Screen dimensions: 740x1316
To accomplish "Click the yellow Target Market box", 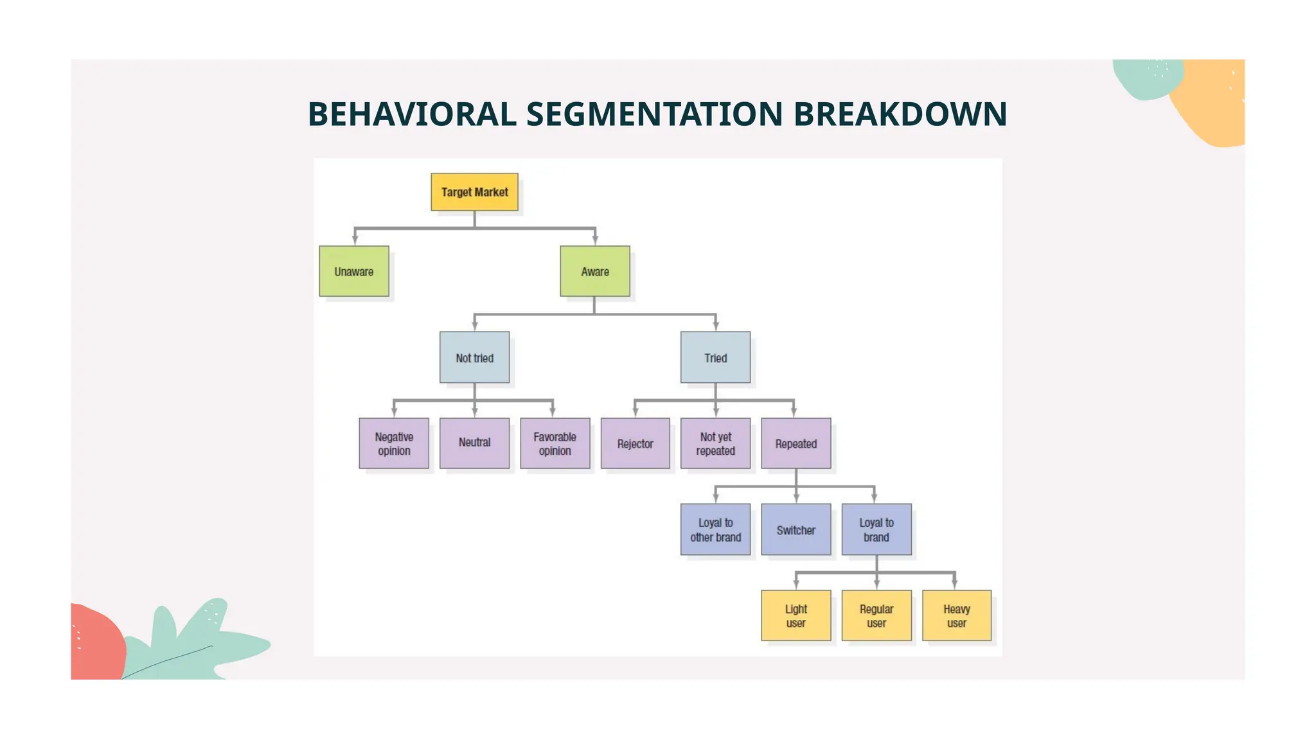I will pyautogui.click(x=474, y=192).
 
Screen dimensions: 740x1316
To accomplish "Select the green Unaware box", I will pyautogui.click(x=354, y=271).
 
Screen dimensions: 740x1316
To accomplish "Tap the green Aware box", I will pyautogui.click(x=595, y=271).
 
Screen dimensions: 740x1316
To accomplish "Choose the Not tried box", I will pyautogui.click(x=474, y=357).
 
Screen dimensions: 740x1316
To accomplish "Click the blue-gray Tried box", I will pyautogui.click(x=715, y=357).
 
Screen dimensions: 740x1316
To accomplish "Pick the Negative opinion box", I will pyautogui.click(x=394, y=443).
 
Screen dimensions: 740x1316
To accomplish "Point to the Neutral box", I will pyautogui.click(x=474, y=443).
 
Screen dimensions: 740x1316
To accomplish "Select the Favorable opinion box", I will pyautogui.click(x=555, y=443).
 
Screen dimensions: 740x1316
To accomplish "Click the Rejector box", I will pyautogui.click(x=635, y=443).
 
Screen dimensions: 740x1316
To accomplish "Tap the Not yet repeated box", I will pyautogui.click(x=715, y=443).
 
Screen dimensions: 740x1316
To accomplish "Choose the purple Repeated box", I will pyautogui.click(x=796, y=443).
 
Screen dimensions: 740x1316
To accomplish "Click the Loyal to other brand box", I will pyautogui.click(x=715, y=529).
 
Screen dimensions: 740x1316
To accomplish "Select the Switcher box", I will pyautogui.click(x=796, y=529).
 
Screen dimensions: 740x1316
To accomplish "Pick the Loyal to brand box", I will pyautogui.click(x=876, y=529).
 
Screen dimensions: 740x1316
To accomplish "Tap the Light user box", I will pyautogui.click(x=796, y=615).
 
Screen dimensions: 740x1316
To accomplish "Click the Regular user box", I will pyautogui.click(x=876, y=615).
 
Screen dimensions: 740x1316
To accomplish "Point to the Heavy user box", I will pyautogui.click(x=957, y=615).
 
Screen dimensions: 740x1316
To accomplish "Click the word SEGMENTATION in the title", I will pyautogui.click(x=655, y=114).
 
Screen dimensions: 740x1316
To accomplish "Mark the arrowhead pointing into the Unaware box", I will pyautogui.click(x=355, y=240).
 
